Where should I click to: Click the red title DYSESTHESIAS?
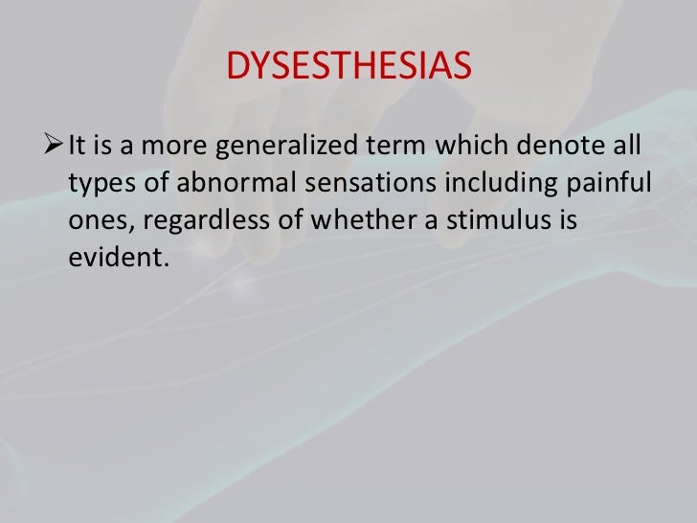pyautogui.click(x=348, y=68)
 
